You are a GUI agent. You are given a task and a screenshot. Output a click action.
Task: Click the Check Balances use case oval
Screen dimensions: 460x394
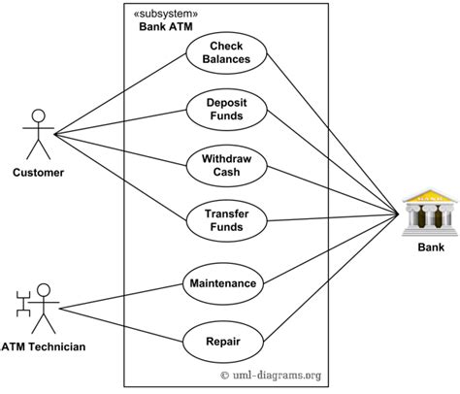226,53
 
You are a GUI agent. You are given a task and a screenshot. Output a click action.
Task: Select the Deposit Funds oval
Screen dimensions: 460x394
227,110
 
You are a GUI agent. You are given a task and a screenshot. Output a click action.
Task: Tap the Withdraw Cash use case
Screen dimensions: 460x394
227,166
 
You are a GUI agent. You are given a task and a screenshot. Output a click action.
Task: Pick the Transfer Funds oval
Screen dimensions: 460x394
227,220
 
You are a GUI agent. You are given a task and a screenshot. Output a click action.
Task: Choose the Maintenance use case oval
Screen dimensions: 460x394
223,283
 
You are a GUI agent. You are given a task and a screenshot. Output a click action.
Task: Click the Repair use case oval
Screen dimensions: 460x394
223,342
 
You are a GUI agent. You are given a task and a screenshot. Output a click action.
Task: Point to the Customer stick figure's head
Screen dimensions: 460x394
38,115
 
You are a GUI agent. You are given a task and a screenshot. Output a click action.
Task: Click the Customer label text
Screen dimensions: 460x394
38,173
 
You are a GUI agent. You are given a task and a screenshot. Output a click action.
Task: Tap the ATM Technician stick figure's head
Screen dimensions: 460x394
44,290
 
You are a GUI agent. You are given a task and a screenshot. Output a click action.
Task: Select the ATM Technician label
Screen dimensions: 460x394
43,346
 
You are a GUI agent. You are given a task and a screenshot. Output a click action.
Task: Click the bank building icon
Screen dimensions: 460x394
430,213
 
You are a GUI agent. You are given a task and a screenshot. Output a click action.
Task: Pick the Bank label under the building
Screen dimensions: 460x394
431,247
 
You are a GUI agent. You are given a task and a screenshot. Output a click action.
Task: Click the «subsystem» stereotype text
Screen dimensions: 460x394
166,14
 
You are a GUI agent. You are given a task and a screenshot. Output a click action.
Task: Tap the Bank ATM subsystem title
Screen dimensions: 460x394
166,26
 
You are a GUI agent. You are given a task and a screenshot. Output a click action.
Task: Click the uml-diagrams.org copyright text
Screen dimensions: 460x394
271,376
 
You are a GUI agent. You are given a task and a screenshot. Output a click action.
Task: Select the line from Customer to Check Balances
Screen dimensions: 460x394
120,94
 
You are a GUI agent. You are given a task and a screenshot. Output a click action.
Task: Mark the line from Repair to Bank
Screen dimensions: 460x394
331,278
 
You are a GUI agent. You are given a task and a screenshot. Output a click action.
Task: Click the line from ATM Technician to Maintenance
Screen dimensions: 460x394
121,297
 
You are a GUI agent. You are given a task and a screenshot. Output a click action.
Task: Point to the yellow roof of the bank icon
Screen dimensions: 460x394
430,196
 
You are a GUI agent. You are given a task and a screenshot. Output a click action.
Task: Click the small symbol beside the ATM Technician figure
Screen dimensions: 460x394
23,304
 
